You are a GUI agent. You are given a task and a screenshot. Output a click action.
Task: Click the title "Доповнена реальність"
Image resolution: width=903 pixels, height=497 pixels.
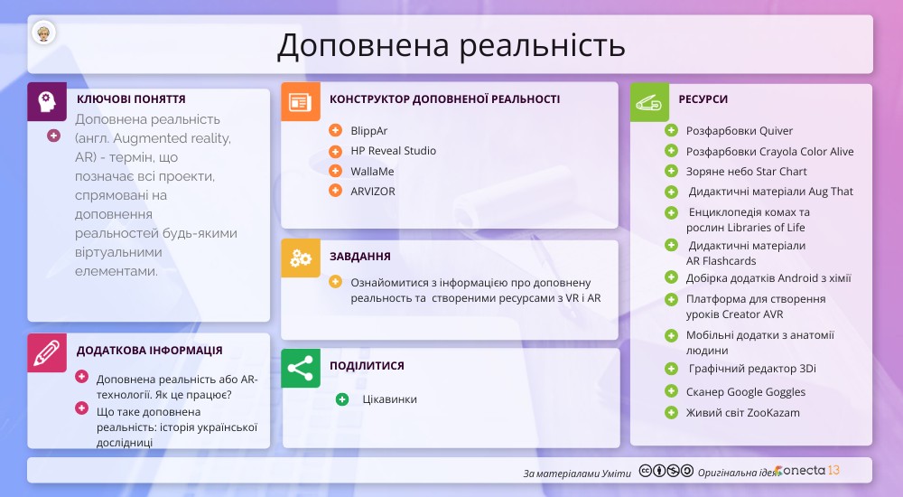451,45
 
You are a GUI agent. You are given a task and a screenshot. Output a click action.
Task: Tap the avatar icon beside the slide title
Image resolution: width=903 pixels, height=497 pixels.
43,33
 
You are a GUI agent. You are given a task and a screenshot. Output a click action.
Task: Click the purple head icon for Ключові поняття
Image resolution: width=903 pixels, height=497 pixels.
47,102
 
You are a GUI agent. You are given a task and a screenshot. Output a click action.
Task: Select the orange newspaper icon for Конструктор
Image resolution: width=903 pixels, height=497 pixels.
300,102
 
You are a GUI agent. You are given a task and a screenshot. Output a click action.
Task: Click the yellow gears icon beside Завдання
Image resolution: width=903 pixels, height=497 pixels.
300,258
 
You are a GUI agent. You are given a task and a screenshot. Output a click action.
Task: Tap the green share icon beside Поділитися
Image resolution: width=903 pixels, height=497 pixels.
300,368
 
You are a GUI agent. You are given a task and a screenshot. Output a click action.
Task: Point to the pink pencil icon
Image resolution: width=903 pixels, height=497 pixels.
47,352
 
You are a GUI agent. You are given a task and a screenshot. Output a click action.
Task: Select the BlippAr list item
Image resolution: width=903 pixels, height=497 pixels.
368,131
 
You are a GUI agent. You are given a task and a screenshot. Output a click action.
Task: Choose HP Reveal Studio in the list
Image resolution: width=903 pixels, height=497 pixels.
394,151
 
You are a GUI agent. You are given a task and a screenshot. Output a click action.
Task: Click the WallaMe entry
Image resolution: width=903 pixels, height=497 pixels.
372,172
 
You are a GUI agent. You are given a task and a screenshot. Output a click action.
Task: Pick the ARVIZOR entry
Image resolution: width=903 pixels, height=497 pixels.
373,192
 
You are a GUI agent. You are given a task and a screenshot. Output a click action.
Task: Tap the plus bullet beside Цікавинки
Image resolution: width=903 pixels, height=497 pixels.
342,399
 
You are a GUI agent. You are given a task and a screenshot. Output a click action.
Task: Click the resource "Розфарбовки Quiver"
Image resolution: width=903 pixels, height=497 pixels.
739,131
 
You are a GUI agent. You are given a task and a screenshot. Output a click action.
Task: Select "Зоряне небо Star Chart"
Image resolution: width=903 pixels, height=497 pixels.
746,172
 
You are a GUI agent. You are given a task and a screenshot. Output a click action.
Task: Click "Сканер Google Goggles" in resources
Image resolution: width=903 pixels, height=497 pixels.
745,392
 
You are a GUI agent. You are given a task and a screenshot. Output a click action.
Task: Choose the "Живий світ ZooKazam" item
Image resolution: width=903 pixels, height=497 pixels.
742,413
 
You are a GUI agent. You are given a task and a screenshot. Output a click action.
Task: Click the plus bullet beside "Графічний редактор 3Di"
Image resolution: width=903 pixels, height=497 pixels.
671,369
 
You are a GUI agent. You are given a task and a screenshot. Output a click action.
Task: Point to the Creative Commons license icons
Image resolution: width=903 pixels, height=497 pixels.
666,471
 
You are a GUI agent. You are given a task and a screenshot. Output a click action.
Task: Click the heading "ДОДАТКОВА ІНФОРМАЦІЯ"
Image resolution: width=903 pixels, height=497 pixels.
149,351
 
